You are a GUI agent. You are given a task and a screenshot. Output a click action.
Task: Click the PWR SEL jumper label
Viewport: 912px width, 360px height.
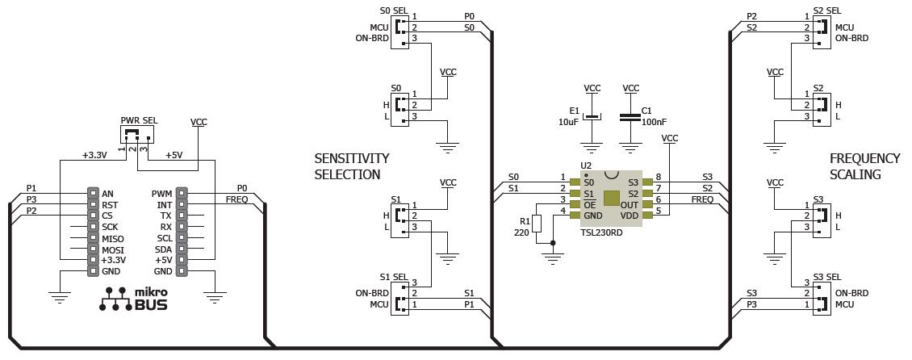(x=139, y=120)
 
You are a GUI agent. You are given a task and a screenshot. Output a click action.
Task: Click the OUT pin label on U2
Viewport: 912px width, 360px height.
(x=630, y=205)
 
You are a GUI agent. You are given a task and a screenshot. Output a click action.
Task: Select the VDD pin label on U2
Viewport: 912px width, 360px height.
(x=630, y=216)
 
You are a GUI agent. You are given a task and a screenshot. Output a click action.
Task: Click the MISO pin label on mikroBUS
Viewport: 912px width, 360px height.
(x=113, y=239)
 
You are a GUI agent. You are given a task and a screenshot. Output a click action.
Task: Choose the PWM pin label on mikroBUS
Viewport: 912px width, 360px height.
(x=161, y=194)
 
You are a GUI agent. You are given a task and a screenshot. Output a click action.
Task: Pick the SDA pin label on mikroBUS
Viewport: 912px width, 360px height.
(x=163, y=250)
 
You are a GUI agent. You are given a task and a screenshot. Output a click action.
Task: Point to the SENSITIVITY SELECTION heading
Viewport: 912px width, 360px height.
(x=352, y=166)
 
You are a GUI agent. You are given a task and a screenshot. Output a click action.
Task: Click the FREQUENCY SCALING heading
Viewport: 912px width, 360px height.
(x=864, y=166)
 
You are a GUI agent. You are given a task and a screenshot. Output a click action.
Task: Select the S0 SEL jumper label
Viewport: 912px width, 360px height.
(x=395, y=11)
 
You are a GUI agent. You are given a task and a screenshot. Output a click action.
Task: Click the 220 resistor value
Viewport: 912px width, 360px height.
(x=521, y=232)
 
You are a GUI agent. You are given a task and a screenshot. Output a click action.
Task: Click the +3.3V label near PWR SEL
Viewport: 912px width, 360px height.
(x=95, y=155)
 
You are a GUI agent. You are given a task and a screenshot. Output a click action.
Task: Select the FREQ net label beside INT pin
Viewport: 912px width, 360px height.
(x=236, y=199)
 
